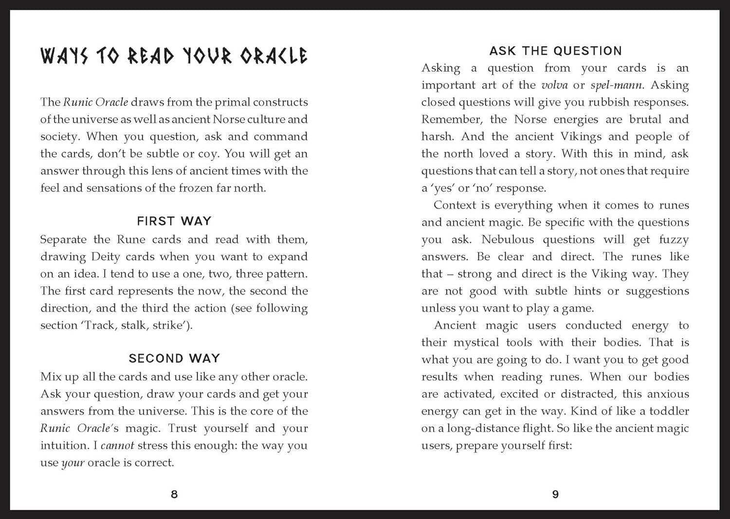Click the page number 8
(x=174, y=494)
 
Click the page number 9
(x=555, y=494)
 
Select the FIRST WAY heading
(x=174, y=221)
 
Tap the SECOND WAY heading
(x=174, y=358)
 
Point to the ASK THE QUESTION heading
(x=555, y=51)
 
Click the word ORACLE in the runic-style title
(x=274, y=56)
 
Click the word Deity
(x=105, y=256)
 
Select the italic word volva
(x=554, y=85)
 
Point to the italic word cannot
(x=117, y=445)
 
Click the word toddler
(x=669, y=411)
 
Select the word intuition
(x=65, y=445)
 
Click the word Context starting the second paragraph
(x=455, y=205)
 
